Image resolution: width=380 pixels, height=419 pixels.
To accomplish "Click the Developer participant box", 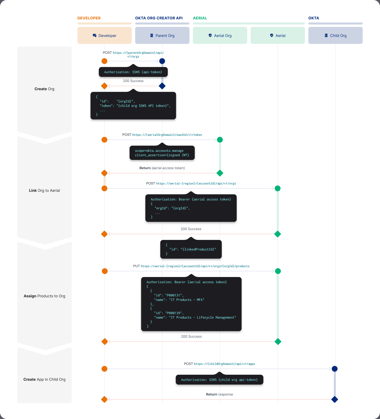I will tap(105, 35).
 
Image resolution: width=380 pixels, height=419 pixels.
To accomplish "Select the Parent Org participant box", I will tap(162, 35).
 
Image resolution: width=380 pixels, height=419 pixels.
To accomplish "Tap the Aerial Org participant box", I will tap(220, 35).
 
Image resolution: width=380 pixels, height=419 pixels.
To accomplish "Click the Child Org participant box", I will tap(335, 35).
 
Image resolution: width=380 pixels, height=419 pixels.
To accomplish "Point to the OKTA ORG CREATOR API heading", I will tap(159, 18).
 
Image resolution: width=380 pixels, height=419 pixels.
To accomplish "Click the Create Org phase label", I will tap(44, 89).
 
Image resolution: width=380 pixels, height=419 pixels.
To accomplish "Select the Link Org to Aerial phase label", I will tap(44, 191).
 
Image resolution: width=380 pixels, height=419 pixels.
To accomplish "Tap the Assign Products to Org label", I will tap(44, 296).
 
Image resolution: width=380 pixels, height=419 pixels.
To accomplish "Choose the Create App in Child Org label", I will tap(44, 380).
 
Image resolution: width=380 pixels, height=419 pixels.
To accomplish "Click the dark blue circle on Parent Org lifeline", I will tap(162, 61).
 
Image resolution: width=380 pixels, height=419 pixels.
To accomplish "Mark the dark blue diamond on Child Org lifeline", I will tap(334, 399).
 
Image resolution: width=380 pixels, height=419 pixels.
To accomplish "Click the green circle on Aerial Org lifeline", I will tap(220, 140).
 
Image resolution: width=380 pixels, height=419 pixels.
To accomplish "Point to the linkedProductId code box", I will tap(191, 249).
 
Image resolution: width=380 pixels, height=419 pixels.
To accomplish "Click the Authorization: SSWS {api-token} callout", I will tap(133, 72).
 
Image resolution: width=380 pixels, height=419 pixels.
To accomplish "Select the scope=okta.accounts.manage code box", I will tap(162, 153).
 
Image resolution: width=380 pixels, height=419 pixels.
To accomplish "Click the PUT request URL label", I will tap(191, 266).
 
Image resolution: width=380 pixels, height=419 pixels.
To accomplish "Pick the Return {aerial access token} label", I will tap(162, 168).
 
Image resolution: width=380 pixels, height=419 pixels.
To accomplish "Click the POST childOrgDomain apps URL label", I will tap(219, 364).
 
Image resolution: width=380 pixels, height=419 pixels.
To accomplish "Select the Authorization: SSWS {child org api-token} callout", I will tap(219, 380).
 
